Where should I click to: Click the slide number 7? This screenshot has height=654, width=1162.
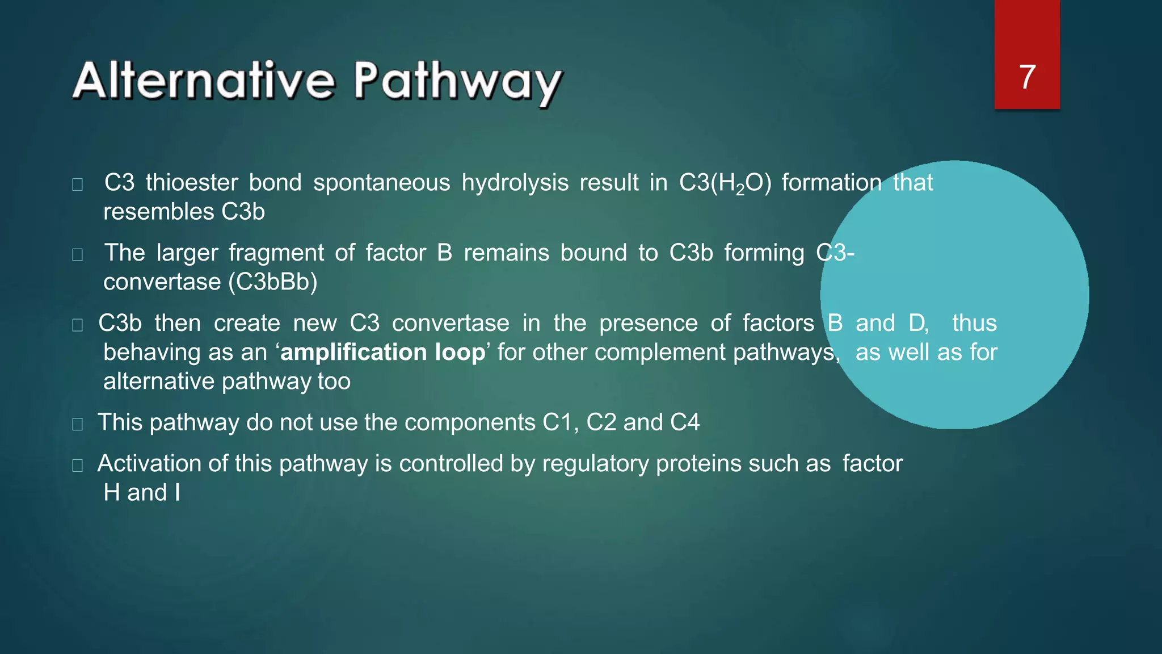pyautogui.click(x=1027, y=77)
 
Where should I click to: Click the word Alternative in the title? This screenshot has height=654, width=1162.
pyautogui.click(x=204, y=81)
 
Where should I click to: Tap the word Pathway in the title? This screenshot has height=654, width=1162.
pyautogui.click(x=457, y=83)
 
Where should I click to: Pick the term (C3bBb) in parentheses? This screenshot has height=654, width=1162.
pyautogui.click(x=273, y=282)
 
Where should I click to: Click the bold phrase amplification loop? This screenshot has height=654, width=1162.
pyautogui.click(x=383, y=352)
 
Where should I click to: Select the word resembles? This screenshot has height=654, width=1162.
pyautogui.click(x=158, y=212)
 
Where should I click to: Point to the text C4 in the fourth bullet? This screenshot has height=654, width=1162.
pyautogui.click(x=684, y=422)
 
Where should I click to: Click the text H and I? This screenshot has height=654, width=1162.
pyautogui.click(x=142, y=493)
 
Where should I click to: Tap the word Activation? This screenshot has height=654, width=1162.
pyautogui.click(x=149, y=464)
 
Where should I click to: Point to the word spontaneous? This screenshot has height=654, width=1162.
pyautogui.click(x=381, y=183)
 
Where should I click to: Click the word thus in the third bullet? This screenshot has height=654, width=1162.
pyautogui.click(x=974, y=323)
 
